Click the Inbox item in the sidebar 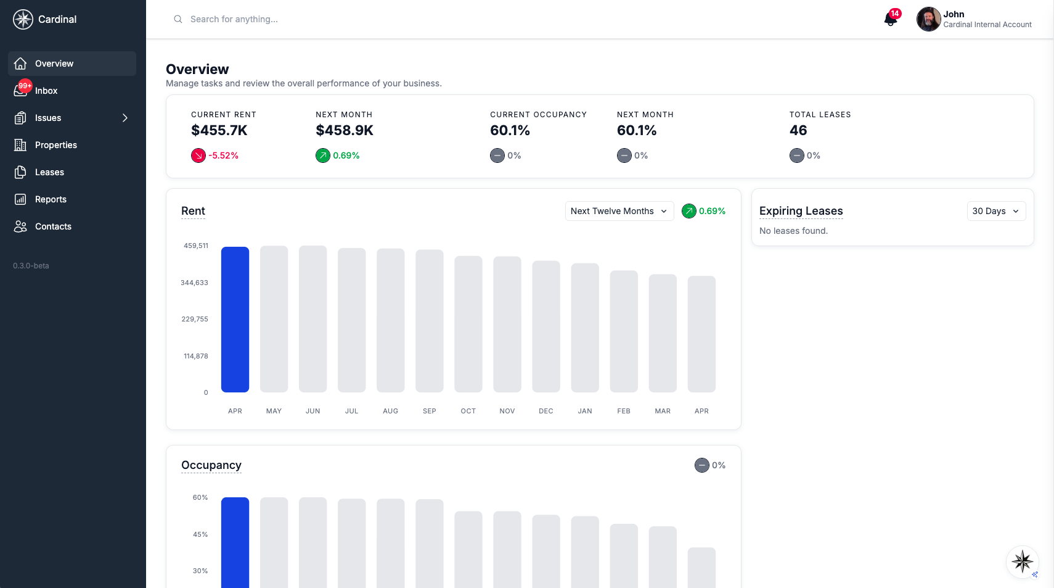coord(46,91)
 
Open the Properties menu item coord(55,145)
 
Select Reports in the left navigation coord(51,199)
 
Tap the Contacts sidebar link coord(53,226)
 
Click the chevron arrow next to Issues coord(125,118)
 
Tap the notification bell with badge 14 coord(890,19)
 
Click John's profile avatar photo coord(928,19)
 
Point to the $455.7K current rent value coord(219,130)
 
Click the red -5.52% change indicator coord(216,155)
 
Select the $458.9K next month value coord(345,130)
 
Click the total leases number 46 coord(798,130)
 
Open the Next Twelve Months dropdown coord(619,211)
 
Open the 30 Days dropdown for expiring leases coord(995,211)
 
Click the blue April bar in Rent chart coord(235,320)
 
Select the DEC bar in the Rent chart coord(546,327)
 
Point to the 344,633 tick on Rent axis coord(194,283)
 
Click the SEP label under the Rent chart coord(430,411)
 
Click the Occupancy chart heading coord(211,465)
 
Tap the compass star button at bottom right coord(1022,561)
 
